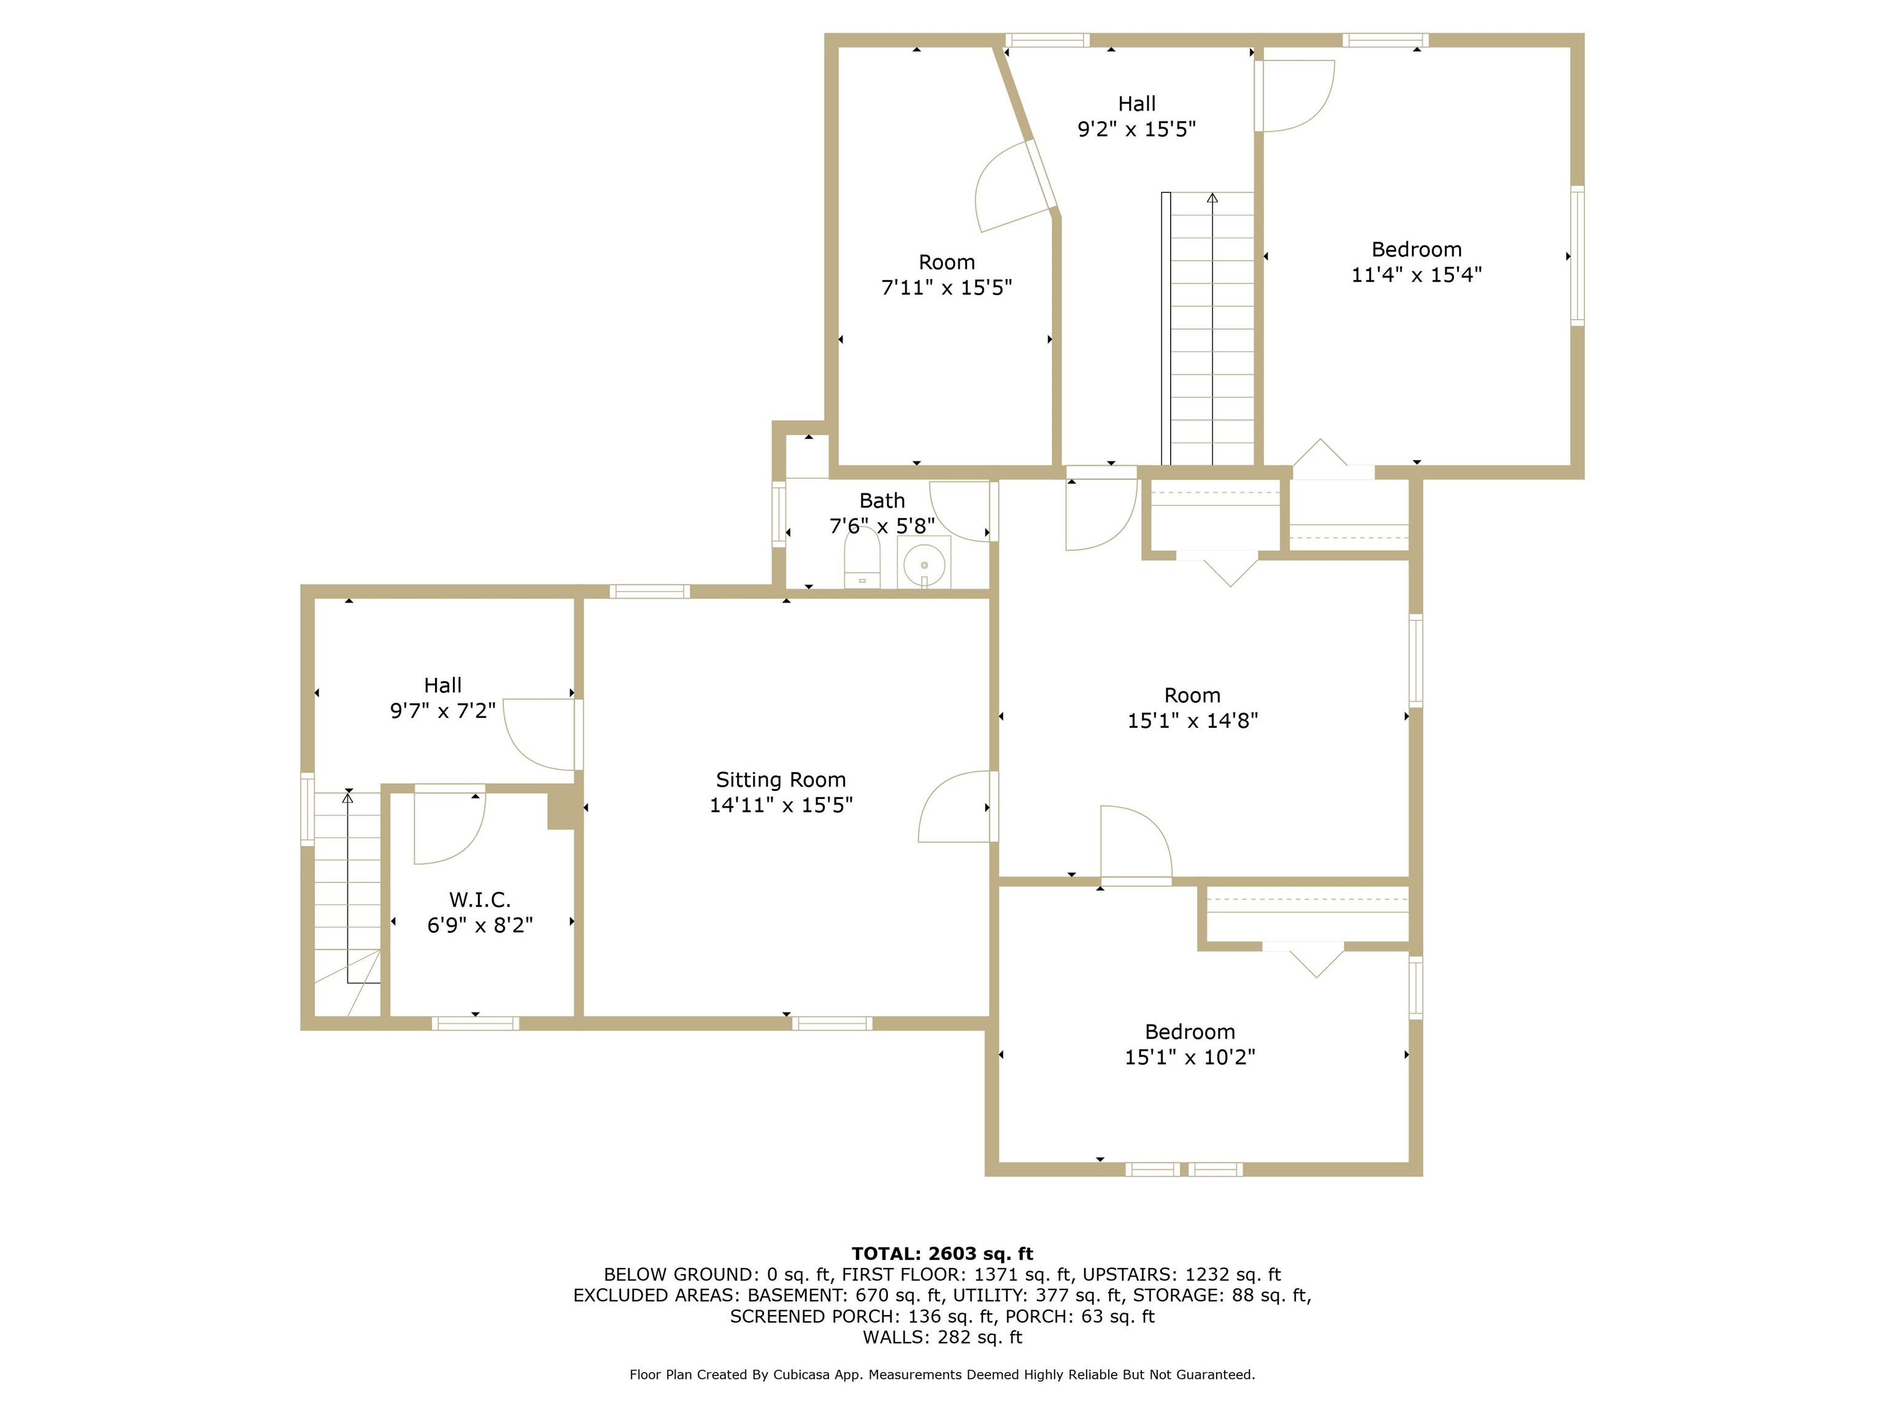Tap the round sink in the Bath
click(923, 564)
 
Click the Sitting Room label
click(781, 780)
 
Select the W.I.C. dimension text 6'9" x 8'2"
click(480, 925)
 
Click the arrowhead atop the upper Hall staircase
click(1212, 199)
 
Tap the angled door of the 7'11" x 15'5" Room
click(1014, 188)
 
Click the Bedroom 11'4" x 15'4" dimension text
click(1416, 274)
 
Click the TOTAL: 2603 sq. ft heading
click(942, 1254)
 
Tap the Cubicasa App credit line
click(942, 1375)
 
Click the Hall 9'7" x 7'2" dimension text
click(442, 711)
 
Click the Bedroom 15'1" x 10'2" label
click(1190, 1032)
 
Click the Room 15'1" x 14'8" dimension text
click(1192, 721)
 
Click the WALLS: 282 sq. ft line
click(942, 1337)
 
